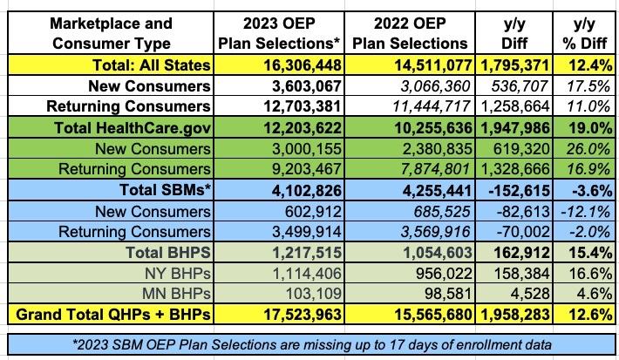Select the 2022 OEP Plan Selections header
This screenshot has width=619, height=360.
tap(410, 32)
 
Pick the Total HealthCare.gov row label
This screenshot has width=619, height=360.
tap(139, 127)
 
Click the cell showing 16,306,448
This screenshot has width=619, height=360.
tap(296, 65)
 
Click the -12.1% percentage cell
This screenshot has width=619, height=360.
tap(584, 212)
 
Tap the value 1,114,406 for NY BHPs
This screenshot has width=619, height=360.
tap(301, 275)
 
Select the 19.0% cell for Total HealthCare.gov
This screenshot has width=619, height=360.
tap(584, 127)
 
